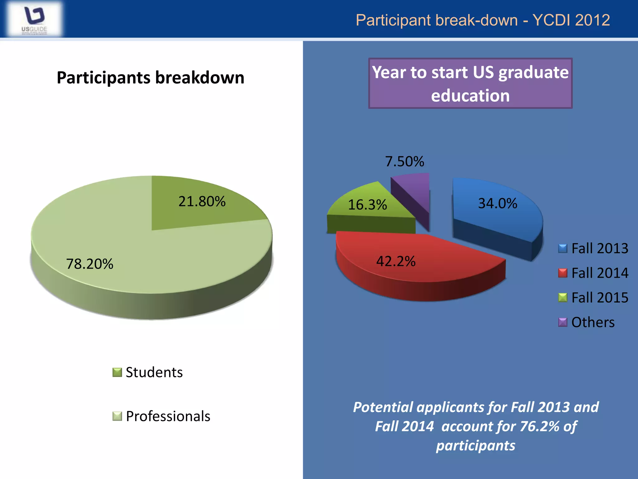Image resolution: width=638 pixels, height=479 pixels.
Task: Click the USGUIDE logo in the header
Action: [34, 19]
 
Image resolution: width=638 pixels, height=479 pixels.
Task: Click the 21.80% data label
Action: [202, 201]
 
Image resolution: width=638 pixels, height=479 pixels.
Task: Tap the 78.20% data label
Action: [90, 264]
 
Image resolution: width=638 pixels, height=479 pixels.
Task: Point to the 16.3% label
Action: [367, 205]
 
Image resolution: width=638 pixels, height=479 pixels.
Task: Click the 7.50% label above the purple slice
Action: [404, 162]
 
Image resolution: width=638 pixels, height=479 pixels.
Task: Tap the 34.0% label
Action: [498, 204]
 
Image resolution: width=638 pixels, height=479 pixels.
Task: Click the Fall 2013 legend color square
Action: [563, 249]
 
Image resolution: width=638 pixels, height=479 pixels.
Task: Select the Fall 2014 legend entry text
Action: [600, 273]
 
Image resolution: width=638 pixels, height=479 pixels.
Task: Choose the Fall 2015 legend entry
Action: [600, 298]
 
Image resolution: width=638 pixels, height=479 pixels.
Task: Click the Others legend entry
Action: [593, 322]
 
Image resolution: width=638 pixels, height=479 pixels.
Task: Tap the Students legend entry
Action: [154, 372]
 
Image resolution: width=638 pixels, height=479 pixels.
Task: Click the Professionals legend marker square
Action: [117, 416]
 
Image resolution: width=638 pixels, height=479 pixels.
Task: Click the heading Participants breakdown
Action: [150, 78]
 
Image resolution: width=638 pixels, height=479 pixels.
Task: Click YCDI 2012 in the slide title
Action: [571, 20]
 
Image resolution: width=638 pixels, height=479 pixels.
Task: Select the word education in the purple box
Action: [470, 96]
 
